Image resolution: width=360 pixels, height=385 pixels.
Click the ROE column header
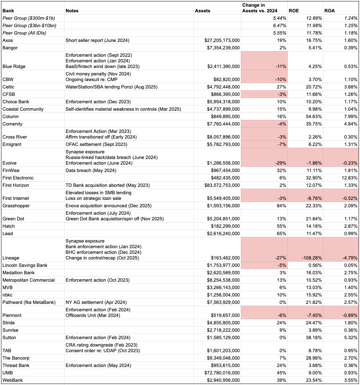click(x=294, y=11)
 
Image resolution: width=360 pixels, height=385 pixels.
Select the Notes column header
click(x=72, y=11)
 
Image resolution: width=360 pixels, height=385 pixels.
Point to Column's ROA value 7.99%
click(x=349, y=116)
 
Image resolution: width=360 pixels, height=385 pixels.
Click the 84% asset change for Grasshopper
click(x=282, y=206)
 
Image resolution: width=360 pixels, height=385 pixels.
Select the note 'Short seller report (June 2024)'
click(x=97, y=40)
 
